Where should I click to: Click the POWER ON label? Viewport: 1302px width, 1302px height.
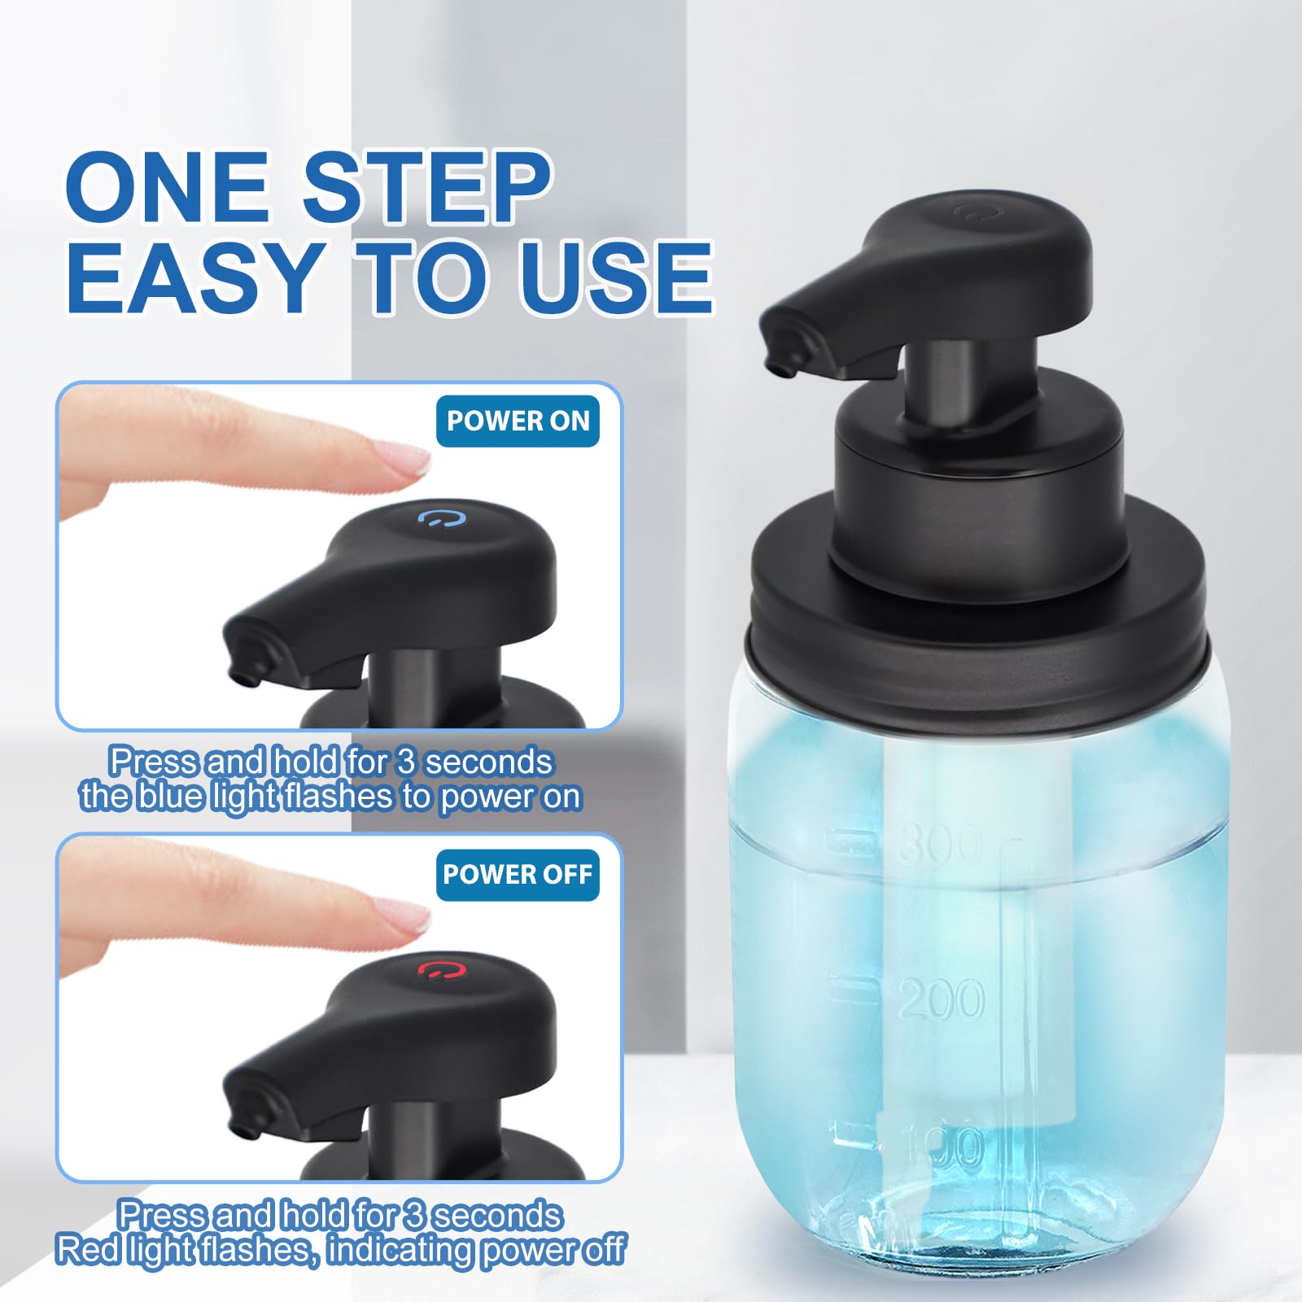pyautogui.click(x=518, y=421)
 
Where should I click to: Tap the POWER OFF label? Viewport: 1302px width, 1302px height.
pyautogui.click(x=518, y=874)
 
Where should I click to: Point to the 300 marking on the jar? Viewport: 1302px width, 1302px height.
pyautogui.click(x=940, y=843)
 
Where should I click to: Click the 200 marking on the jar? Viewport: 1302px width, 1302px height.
pyautogui.click(x=942, y=999)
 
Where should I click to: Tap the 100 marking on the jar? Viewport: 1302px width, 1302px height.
pyautogui.click(x=944, y=1147)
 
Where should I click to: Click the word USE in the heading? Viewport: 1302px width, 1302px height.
pyautogui.click(x=616, y=277)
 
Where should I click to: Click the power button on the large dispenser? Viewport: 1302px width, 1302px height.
pyautogui.click(x=968, y=213)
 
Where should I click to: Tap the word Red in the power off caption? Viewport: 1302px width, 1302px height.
pyautogui.click(x=85, y=1249)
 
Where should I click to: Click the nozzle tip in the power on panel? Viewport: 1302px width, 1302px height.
pyautogui.click(x=242, y=675)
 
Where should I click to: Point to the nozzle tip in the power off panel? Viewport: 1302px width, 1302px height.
pyautogui.click(x=242, y=1129)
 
